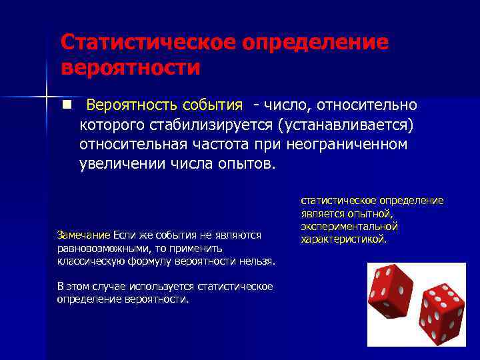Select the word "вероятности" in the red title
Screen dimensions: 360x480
coord(130,68)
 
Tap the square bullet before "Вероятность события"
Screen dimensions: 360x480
coord(67,105)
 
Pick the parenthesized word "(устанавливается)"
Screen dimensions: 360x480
coord(345,125)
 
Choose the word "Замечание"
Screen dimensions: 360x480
coord(83,235)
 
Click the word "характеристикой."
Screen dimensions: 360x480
coord(343,239)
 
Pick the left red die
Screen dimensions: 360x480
coord(393,291)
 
